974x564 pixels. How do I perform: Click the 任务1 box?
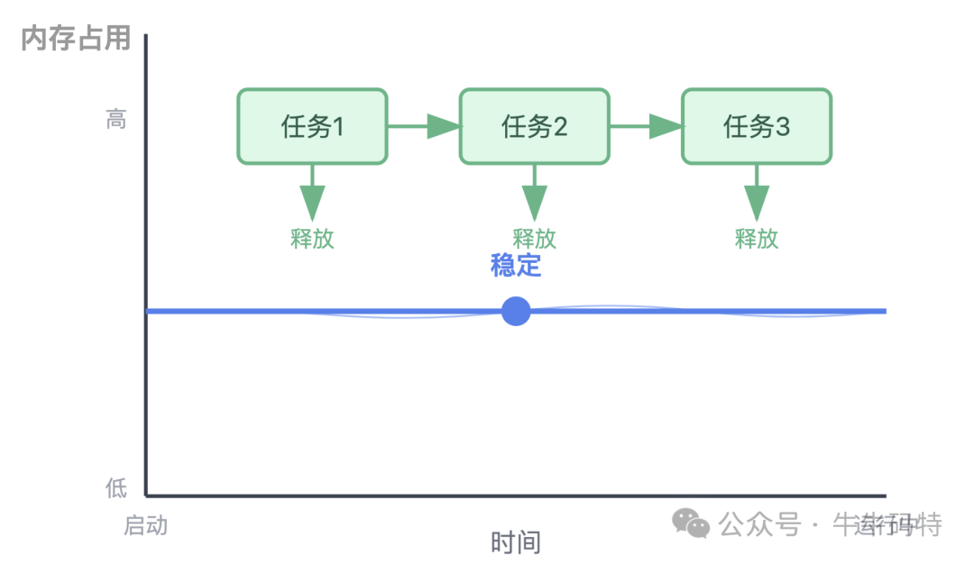point(312,126)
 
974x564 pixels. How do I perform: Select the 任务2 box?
point(534,126)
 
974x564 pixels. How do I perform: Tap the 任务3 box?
point(756,126)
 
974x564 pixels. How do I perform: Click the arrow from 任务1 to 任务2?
point(424,126)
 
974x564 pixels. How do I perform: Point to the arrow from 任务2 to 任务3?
point(646,126)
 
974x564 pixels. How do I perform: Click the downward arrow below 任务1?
point(312,193)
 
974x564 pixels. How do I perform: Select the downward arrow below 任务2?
point(534,193)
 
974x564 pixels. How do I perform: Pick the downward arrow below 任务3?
point(756,193)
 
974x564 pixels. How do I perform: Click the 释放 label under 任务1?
point(312,239)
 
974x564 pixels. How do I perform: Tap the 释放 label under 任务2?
point(534,239)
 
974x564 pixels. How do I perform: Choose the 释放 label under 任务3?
point(756,239)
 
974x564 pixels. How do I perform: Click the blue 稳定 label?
point(515,266)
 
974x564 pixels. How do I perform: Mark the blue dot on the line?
point(515,311)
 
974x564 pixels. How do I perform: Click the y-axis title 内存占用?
point(76,39)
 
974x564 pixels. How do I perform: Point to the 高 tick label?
point(116,119)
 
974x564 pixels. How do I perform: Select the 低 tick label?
point(116,489)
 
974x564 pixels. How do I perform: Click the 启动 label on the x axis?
point(145,525)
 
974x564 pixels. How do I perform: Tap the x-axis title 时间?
point(515,542)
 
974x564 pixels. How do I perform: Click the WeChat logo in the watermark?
point(693,523)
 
